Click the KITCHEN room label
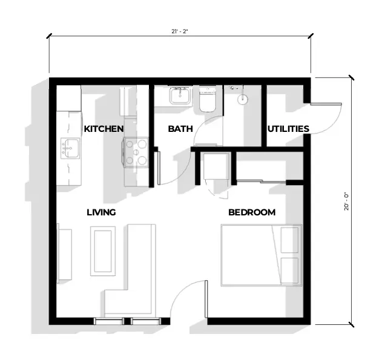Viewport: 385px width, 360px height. (104, 129)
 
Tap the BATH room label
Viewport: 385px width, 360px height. (180, 129)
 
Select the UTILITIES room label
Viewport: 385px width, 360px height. (288, 129)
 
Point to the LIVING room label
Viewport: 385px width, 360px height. (101, 212)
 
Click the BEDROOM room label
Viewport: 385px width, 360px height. (251, 212)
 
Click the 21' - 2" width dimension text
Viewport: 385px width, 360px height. (180, 31)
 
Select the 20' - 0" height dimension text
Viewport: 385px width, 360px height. (346, 201)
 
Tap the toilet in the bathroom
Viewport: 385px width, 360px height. (207, 100)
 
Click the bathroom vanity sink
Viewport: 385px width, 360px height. (179, 96)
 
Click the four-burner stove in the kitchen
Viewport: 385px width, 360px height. (136, 152)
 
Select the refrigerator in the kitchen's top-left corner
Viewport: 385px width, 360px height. (69, 98)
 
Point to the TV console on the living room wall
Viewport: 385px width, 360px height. (64, 253)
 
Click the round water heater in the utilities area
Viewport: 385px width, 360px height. (243, 99)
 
